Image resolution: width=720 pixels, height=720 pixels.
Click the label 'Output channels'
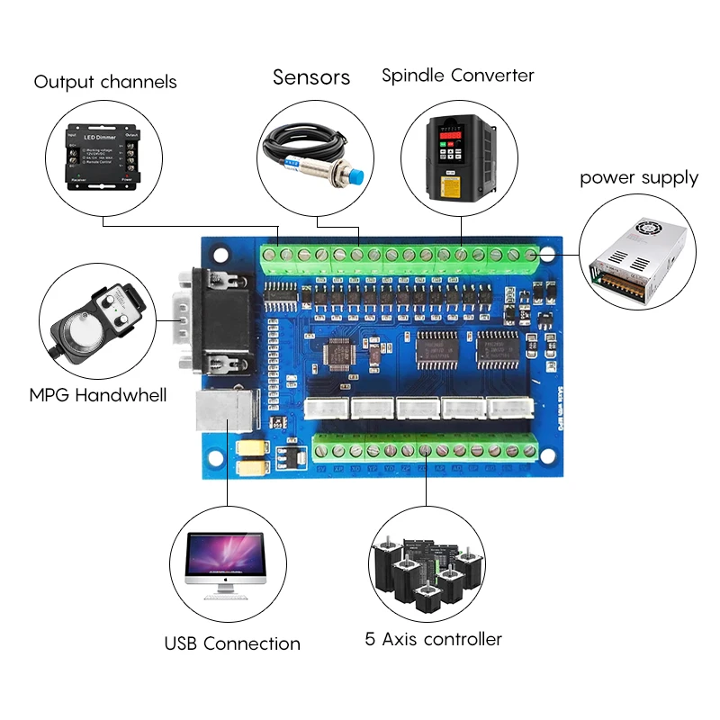pyautogui.click(x=105, y=83)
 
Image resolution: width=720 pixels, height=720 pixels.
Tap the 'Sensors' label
pyautogui.click(x=311, y=77)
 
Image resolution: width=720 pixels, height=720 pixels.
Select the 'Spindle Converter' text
pyautogui.click(x=457, y=75)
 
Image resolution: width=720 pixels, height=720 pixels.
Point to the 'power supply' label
pyautogui.click(x=638, y=177)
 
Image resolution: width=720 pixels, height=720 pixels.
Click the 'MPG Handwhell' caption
pyautogui.click(x=98, y=394)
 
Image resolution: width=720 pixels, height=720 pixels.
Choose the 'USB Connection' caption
pyautogui.click(x=232, y=643)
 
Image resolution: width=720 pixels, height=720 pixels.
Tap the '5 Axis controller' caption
pyautogui.click(x=433, y=640)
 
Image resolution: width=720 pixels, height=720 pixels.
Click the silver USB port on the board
pyautogui.click(x=226, y=413)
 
